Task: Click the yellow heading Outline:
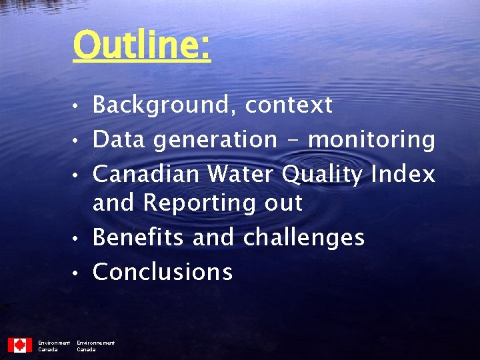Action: point(141,45)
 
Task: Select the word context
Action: point(288,105)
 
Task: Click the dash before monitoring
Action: point(293,140)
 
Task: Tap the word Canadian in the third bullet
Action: point(146,175)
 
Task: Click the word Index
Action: point(403,175)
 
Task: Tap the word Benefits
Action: point(139,237)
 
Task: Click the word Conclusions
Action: point(163,272)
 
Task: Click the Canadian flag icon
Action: point(20,345)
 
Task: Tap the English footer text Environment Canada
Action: point(53,346)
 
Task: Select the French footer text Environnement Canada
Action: point(95,346)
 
